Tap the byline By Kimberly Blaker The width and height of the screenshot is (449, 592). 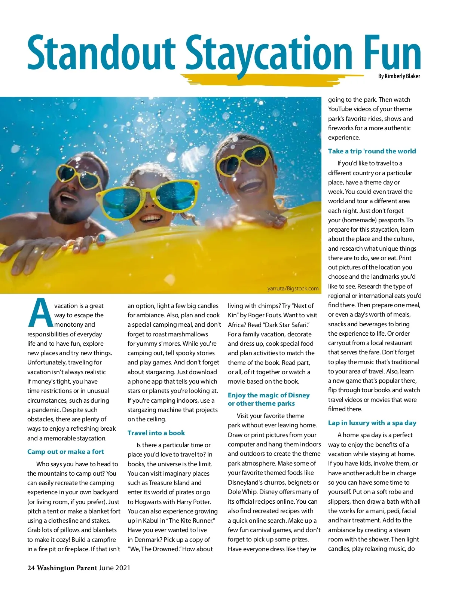point(399,76)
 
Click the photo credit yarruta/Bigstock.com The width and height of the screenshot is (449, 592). point(293,289)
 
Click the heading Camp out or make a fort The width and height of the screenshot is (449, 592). point(65,452)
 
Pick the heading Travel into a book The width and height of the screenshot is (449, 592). point(156,433)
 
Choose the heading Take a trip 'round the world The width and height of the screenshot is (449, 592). point(372,151)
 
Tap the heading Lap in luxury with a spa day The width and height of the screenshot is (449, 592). point(372,423)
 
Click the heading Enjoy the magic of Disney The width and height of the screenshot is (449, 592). point(269,395)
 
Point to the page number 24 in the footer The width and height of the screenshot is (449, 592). point(31,568)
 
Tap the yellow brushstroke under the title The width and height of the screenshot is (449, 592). point(269,79)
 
